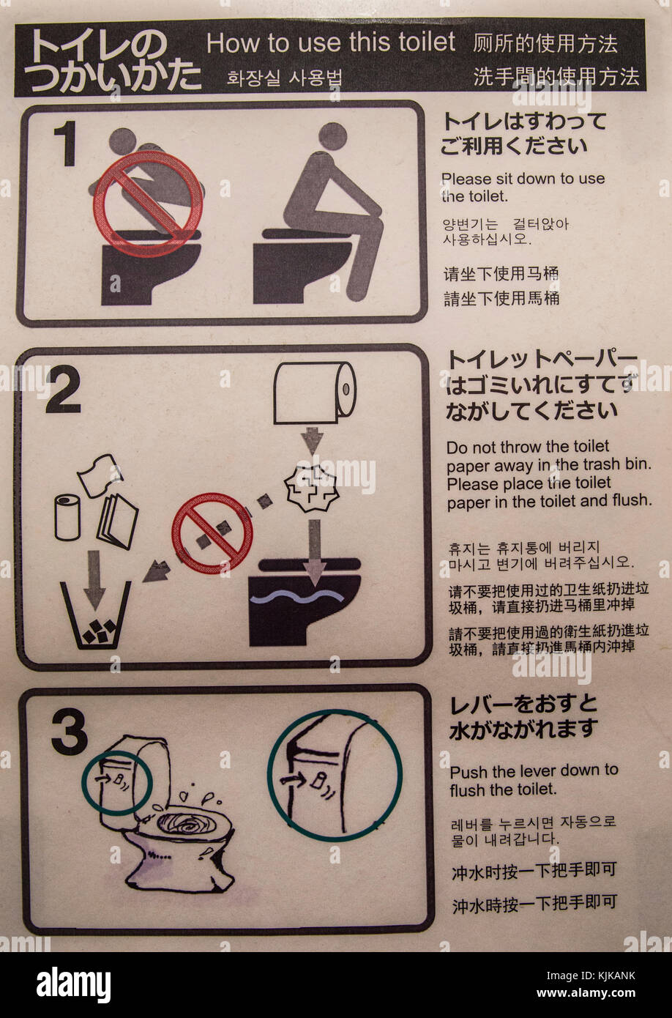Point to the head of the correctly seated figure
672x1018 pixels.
pyautogui.click(x=333, y=137)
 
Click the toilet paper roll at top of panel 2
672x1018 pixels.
pyautogui.click(x=314, y=393)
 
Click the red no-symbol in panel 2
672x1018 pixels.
pyautogui.click(x=212, y=532)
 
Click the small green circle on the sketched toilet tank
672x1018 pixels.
pyautogui.click(x=116, y=782)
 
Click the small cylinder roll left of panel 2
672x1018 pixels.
pyautogui.click(x=68, y=516)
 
